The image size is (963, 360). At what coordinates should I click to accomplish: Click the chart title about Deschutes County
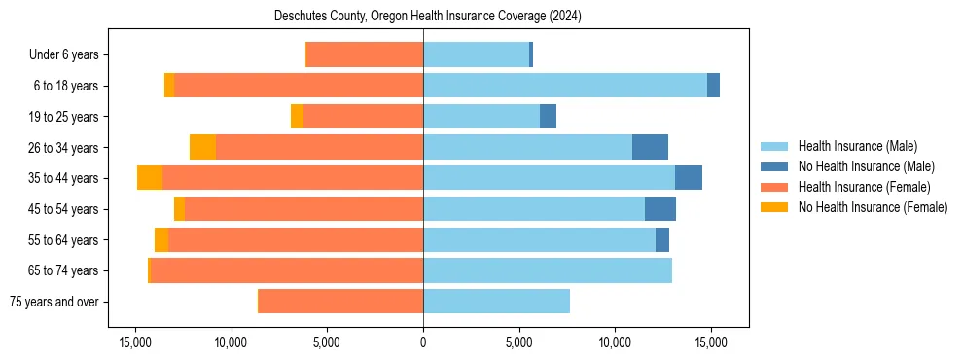tap(422, 17)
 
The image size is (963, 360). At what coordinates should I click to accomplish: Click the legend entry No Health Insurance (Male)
tap(866, 166)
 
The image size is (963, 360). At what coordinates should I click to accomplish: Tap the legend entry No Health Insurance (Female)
tap(873, 207)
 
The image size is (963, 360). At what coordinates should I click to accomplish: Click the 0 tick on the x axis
tap(423, 342)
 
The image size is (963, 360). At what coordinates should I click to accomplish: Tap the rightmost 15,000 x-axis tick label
tap(711, 342)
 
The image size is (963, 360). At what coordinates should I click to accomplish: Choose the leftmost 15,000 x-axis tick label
tap(134, 342)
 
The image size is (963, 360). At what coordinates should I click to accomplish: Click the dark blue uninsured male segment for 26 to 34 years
tap(650, 147)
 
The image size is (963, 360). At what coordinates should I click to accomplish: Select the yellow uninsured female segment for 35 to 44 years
tap(150, 178)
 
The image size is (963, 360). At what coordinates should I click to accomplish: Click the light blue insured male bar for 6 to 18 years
tap(564, 86)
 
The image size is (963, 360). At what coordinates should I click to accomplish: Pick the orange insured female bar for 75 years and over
tap(340, 302)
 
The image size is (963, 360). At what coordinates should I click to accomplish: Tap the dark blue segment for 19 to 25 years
tap(548, 117)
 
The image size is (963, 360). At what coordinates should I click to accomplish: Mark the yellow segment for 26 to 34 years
tap(202, 147)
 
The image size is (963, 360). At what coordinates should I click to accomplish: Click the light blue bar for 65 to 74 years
tap(547, 270)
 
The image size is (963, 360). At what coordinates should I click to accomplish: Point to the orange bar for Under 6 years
tap(365, 55)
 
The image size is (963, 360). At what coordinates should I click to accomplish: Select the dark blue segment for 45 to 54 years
tap(660, 209)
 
